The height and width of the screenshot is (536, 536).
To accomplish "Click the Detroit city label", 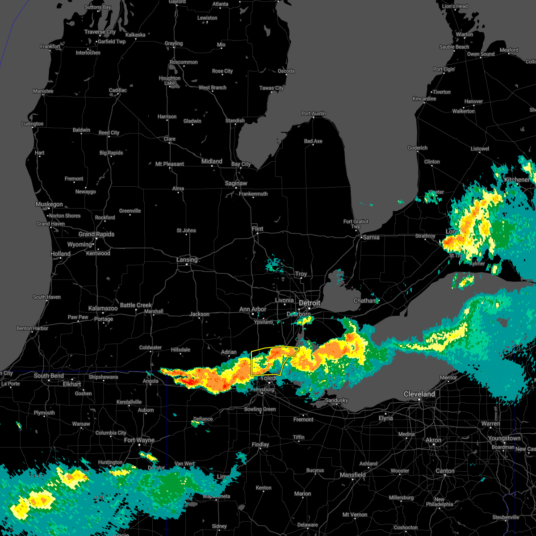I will pyautogui.click(x=310, y=303).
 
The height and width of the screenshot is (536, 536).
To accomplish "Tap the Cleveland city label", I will pyautogui.click(x=419, y=394).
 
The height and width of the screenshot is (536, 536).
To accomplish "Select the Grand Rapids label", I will pyautogui.click(x=96, y=234).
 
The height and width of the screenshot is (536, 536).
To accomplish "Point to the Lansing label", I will pyautogui.click(x=187, y=260).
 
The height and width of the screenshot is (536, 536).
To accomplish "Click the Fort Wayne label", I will pyautogui.click(x=139, y=440).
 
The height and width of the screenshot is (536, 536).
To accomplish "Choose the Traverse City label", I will pyautogui.click(x=100, y=32).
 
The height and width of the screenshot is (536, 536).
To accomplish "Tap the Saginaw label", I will pyautogui.click(x=236, y=183).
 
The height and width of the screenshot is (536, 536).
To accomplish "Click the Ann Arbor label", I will pyautogui.click(x=252, y=309).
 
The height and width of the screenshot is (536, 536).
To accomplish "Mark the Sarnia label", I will pyautogui.click(x=371, y=237).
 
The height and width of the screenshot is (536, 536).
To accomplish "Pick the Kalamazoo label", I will pyautogui.click(x=103, y=308).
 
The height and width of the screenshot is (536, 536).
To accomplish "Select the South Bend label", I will pyautogui.click(x=49, y=376).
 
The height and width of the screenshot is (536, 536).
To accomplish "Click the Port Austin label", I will pyautogui.click(x=314, y=113).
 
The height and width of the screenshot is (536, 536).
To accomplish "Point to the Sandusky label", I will pyautogui.click(x=336, y=400).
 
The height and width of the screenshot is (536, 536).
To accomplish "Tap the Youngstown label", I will pyautogui.click(x=504, y=438).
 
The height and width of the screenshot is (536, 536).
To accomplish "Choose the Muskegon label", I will pyautogui.click(x=49, y=204).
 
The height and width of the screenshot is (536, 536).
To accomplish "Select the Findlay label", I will pyautogui.click(x=260, y=444).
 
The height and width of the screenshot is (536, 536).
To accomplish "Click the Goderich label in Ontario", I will pyautogui.click(x=418, y=148).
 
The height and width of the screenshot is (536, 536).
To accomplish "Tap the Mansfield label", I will pyautogui.click(x=353, y=475).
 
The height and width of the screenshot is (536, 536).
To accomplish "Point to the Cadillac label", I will pyautogui.click(x=118, y=90).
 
